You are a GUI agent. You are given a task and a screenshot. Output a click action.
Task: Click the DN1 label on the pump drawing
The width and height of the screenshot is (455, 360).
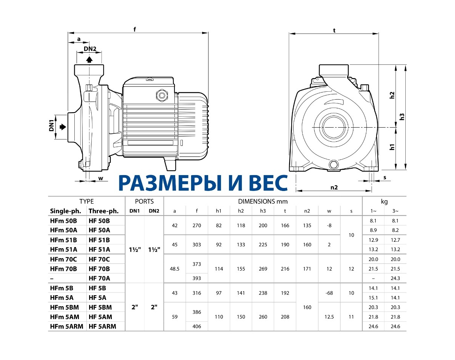click(x=52, y=125)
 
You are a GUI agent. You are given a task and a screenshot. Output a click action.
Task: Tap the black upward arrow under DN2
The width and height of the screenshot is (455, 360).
click(x=89, y=59)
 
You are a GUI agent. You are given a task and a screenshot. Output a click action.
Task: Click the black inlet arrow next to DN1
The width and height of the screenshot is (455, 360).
click(x=63, y=127)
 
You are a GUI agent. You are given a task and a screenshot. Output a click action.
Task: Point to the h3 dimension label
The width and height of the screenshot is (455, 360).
click(x=402, y=117)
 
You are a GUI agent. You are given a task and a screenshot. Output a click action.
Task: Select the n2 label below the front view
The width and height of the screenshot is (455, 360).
click(x=334, y=187)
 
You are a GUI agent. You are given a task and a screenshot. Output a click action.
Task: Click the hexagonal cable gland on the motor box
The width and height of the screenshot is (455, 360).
click(x=162, y=95)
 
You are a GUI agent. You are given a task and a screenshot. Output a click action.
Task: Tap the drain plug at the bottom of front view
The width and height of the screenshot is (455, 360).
click(x=333, y=164)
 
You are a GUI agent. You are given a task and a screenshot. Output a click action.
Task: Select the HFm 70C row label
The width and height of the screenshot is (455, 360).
click(x=63, y=259)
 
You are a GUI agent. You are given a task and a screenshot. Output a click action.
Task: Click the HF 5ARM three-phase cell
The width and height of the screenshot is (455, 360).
click(x=102, y=326)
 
